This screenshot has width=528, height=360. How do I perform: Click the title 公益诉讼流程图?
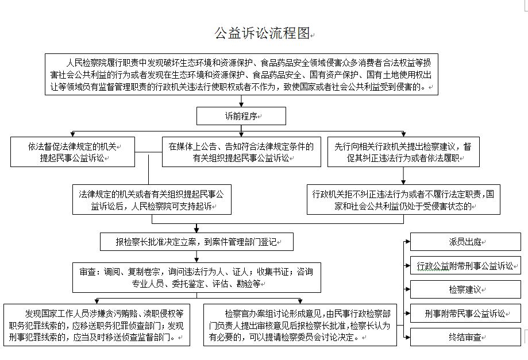click(262, 33)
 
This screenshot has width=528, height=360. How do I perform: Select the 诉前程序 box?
click(241, 116)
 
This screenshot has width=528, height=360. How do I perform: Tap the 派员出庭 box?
click(465, 242)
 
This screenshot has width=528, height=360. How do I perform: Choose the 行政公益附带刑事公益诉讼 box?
click(465, 265)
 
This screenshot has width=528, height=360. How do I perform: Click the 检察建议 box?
click(465, 289)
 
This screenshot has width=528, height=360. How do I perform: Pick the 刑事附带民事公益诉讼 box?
click(465, 313)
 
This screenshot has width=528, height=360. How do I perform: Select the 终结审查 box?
click(465, 337)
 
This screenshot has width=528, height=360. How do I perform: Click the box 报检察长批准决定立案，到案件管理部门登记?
click(196, 242)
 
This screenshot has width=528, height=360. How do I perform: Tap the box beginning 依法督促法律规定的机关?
click(73, 152)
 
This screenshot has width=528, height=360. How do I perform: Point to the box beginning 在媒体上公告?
click(241, 152)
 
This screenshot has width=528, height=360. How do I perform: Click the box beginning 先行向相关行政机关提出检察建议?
click(403, 152)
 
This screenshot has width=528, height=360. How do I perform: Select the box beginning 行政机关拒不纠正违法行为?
click(403, 199)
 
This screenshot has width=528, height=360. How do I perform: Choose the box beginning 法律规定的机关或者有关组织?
click(152, 199)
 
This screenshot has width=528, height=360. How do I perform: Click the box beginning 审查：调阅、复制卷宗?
click(196, 277)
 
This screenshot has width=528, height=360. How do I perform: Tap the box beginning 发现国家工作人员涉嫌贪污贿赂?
click(97, 325)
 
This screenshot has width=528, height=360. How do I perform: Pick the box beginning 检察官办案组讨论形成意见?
click(300, 325)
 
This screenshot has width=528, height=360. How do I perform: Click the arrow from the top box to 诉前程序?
click(241, 101)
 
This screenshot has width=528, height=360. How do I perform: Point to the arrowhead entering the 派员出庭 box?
click(408, 242)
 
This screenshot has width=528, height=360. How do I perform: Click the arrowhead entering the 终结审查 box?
click(408, 337)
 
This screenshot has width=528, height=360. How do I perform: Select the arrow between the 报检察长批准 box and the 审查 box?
click(196, 257)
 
